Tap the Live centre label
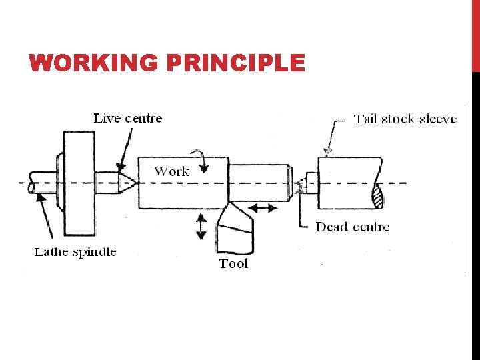coord(127,119)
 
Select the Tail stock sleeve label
coord(405,119)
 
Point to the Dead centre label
coord(352,227)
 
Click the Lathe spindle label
coord(75,252)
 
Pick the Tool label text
coord(233,263)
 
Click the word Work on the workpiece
coord(171,171)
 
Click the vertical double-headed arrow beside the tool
coord(201,227)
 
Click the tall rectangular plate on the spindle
coord(79,183)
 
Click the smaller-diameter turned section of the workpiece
coord(259,181)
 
